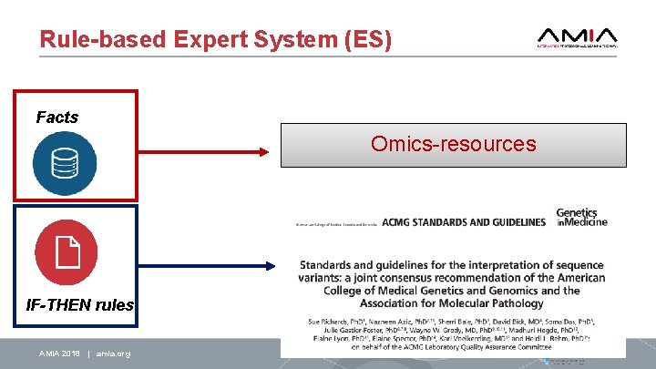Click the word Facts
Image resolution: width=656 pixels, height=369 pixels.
[57, 118]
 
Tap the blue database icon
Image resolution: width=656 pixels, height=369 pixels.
[65, 163]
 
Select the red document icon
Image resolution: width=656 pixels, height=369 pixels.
[65, 251]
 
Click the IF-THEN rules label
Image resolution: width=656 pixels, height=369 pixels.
[80, 305]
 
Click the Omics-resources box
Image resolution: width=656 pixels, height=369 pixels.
[453, 145]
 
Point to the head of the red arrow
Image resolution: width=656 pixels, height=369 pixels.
[269, 150]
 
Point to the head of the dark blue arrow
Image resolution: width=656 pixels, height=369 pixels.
[269, 266]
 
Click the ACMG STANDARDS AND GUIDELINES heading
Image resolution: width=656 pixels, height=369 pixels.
[464, 221]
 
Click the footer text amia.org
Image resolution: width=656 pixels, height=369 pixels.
[110, 353]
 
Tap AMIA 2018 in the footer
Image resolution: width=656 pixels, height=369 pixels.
[59, 353]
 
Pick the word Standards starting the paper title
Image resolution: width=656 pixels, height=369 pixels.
[329, 265]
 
